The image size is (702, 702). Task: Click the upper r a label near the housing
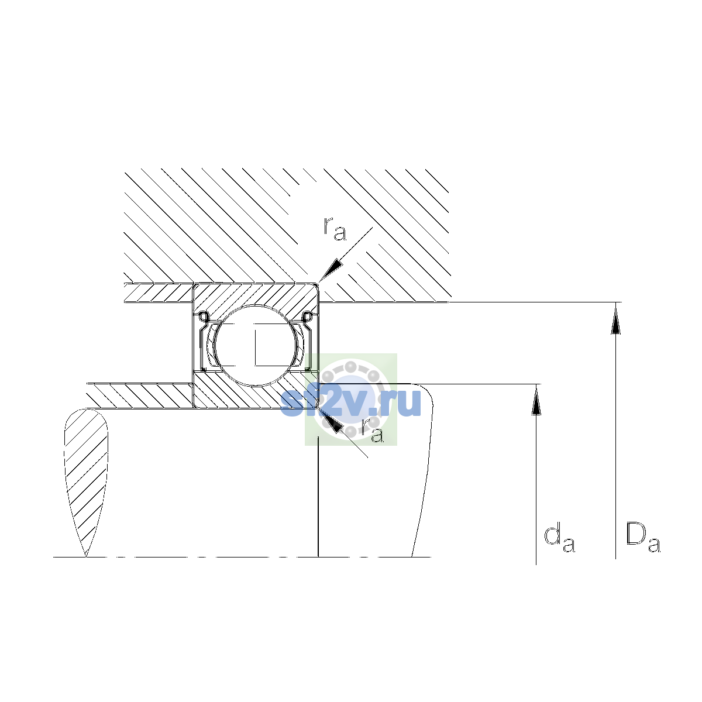click(335, 229)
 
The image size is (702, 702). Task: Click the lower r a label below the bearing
click(373, 430)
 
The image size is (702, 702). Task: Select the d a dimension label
click(559, 539)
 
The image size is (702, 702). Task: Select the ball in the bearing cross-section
click(256, 345)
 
